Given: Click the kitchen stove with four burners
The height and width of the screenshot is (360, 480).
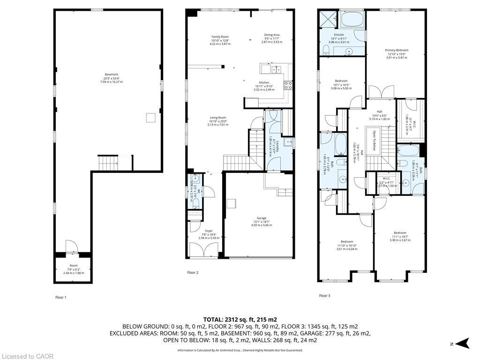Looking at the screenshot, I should click(x=289, y=85).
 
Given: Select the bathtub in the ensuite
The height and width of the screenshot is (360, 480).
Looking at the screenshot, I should click(x=352, y=19).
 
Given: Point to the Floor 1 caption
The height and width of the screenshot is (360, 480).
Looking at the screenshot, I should click(x=61, y=297).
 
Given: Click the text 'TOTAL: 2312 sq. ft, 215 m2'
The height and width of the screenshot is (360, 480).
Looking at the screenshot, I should click(x=240, y=319).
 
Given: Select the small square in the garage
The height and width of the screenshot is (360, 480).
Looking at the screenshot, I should click(x=232, y=203).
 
